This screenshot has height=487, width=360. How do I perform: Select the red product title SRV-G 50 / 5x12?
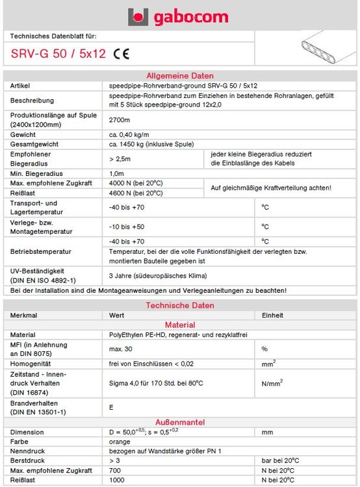pos(58,54)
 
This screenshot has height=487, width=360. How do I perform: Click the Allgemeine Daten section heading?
pos(179,76)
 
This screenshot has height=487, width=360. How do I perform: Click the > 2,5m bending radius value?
pos(120,158)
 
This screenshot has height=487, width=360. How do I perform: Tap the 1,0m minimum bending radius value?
pos(117,173)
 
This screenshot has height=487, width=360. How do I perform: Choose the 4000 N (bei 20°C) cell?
pos(136,183)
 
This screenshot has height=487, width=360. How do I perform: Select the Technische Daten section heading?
pos(179,305)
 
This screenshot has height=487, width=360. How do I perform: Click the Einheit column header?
pos(272,315)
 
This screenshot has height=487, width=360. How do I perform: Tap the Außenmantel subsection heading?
pos(179,421)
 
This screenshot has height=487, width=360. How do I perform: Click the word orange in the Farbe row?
pos(120,441)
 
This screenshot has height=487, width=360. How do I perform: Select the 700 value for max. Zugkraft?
pos(115,469)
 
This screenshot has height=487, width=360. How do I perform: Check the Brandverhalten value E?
pos(111,408)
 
